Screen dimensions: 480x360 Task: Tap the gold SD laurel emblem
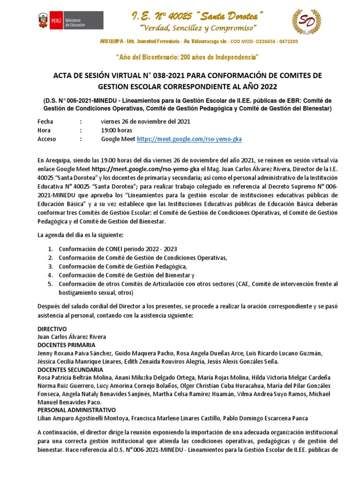click(x=307, y=22)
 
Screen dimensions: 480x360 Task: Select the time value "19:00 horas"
click(x=116, y=130)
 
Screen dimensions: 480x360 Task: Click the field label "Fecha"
click(x=45, y=121)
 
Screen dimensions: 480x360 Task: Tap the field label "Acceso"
click(x=46, y=139)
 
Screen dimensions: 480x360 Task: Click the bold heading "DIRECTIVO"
click(x=52, y=329)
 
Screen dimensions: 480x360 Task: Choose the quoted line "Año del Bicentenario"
click(x=187, y=57)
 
